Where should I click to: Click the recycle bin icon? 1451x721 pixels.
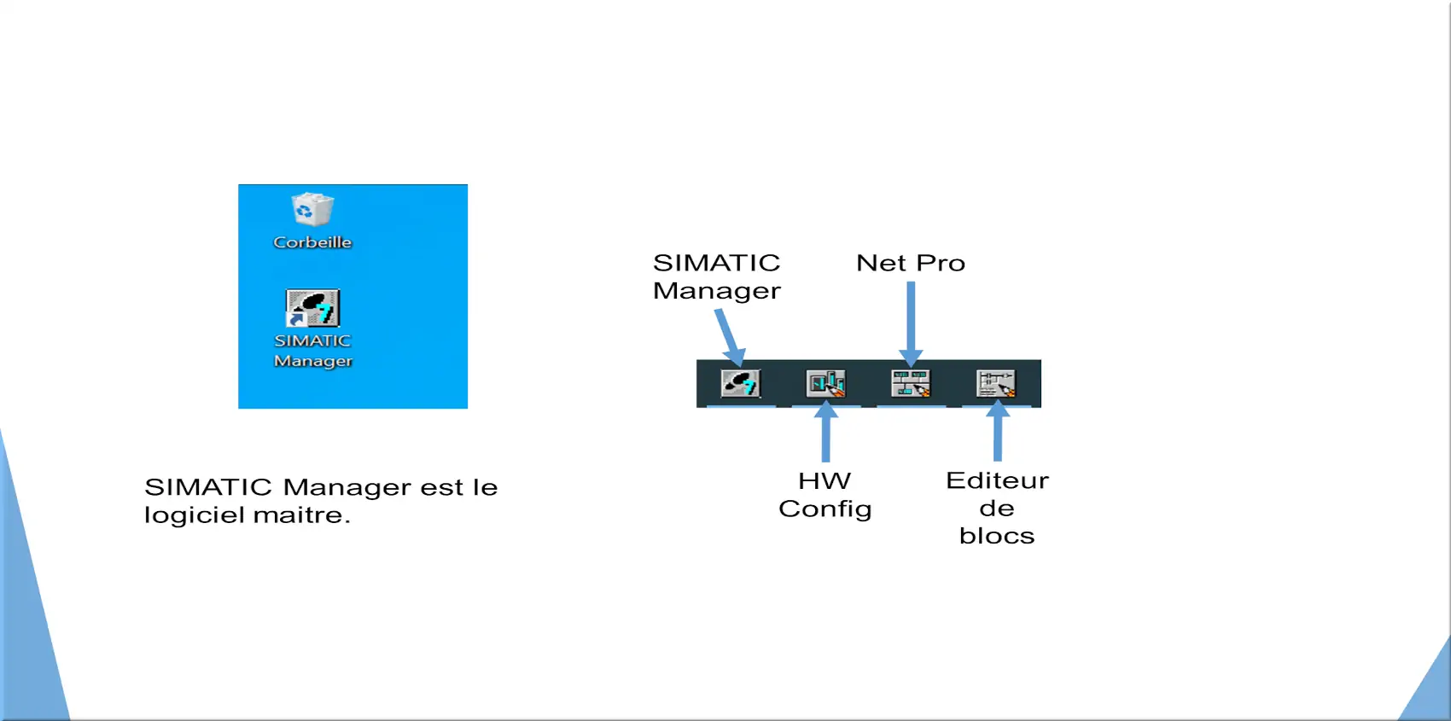(x=313, y=208)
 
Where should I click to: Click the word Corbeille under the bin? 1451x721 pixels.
(x=312, y=242)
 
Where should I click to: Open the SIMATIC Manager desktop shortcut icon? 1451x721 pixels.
(x=313, y=308)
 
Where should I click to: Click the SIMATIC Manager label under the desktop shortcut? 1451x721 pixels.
(x=313, y=351)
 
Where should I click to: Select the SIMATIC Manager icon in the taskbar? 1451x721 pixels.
(x=740, y=383)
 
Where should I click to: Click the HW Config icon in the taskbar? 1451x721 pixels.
(x=826, y=383)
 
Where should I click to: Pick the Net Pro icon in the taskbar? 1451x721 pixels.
(x=911, y=383)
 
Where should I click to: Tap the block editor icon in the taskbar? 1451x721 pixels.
(x=996, y=383)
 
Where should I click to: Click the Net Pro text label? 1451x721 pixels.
(x=911, y=263)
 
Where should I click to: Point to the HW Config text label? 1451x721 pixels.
(x=825, y=495)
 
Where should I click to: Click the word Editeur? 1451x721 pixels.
(x=997, y=480)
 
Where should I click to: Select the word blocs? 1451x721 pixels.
(x=997, y=536)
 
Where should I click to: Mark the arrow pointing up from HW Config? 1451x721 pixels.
(x=826, y=431)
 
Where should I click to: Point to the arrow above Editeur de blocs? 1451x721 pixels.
(x=998, y=431)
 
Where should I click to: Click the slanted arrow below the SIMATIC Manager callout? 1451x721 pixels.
(x=731, y=338)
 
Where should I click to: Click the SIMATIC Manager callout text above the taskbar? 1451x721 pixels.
(x=716, y=276)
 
